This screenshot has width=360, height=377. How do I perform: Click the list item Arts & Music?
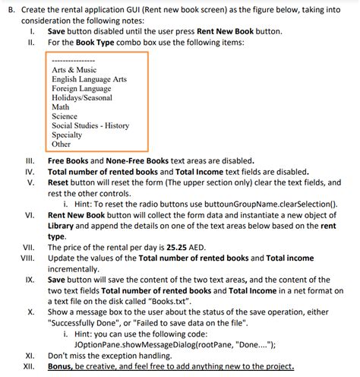coord(74,70)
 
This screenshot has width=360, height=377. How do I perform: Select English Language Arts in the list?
coord(89,79)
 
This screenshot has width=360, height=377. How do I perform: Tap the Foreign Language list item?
coord(81,88)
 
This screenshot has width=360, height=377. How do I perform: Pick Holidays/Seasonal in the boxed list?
coord(81,97)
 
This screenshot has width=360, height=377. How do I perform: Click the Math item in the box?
coord(60,107)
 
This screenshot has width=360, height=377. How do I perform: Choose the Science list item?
coord(65,116)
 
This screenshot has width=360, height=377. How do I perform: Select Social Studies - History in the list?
coord(90,125)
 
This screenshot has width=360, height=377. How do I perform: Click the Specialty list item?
coord(67,135)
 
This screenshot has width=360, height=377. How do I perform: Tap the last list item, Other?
coord(61,144)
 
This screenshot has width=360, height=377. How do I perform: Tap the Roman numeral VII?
coord(28,247)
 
